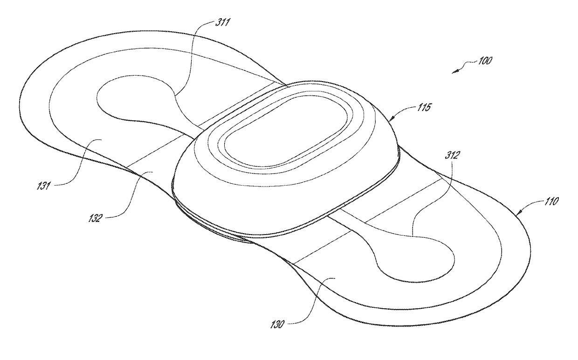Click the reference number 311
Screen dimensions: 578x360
223,23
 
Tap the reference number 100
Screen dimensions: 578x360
485,61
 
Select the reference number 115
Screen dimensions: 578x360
424,107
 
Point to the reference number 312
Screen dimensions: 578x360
452,155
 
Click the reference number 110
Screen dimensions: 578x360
551,201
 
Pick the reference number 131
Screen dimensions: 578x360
44,186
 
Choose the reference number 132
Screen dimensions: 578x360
95,218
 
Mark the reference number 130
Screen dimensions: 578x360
277,325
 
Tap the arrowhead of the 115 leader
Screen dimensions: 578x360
391,119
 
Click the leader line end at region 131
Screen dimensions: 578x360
101,139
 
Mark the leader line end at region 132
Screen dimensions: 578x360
153,172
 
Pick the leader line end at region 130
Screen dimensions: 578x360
335,278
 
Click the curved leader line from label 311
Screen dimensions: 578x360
191,52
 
